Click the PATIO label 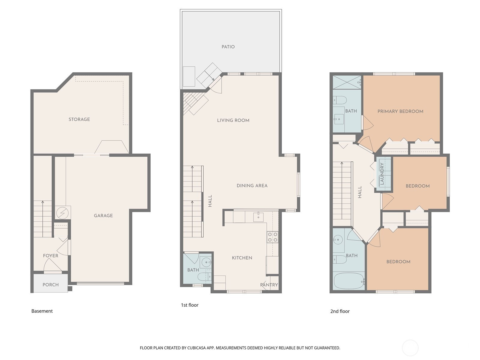coord(228,47)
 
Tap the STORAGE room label coord(79,119)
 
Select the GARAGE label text coord(103,216)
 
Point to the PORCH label coord(50,285)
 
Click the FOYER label coord(50,256)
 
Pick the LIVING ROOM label coord(233,120)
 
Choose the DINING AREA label coord(252,186)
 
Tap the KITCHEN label coord(242,258)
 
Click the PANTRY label coord(269,285)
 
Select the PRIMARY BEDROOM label coord(400,112)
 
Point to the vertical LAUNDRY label coord(382,174)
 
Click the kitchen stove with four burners coord(272,237)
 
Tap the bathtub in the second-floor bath coord(349,281)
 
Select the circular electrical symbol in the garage coord(62,213)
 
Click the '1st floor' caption coord(190,305)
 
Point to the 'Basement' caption coord(42,311)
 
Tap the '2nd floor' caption coord(340,311)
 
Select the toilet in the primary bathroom coord(340,100)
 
